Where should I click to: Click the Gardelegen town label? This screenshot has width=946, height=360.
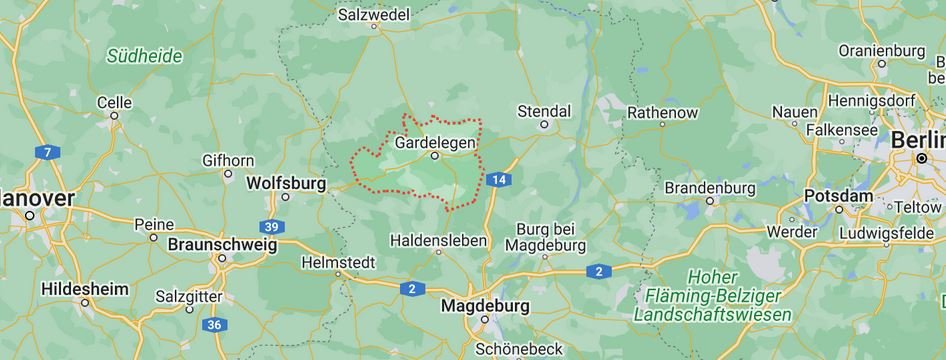(x=435, y=142)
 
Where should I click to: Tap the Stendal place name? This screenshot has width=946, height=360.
(x=544, y=110)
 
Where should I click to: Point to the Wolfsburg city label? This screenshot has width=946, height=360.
(x=286, y=183)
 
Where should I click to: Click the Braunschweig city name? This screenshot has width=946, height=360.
(x=222, y=243)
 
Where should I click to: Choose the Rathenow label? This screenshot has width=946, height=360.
(x=662, y=113)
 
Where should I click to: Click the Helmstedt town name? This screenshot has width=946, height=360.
(x=338, y=263)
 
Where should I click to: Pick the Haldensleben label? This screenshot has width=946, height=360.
(x=438, y=240)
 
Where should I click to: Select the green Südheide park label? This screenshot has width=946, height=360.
(x=145, y=56)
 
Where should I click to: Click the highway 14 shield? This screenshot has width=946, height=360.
(x=498, y=179)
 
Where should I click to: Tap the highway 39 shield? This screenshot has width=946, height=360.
(x=271, y=226)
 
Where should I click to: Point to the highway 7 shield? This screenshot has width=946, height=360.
(x=46, y=153)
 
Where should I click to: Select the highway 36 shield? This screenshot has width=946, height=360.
(x=213, y=324)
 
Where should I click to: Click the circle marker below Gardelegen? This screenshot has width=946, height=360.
(x=435, y=156)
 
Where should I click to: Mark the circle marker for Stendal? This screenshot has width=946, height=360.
(x=544, y=124)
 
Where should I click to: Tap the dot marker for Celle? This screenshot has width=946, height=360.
(x=114, y=115)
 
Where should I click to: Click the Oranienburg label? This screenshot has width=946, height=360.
(x=882, y=50)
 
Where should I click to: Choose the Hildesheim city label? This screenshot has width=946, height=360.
(x=85, y=288)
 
